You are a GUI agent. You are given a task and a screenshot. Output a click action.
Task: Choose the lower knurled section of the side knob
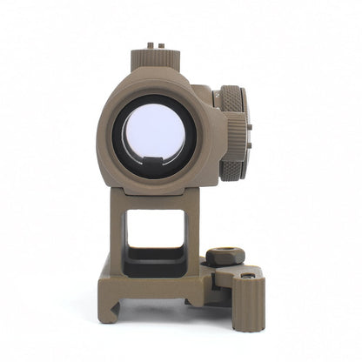pos(233,160)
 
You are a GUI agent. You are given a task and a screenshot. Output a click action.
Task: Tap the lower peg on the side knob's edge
pos(248,149)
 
